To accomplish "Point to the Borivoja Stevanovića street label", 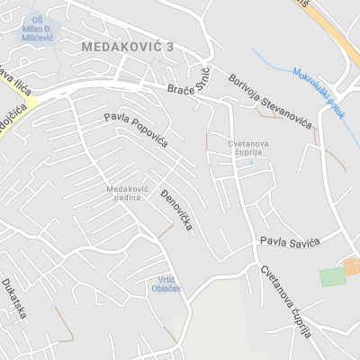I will pos(267,99).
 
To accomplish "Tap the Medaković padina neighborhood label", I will pos(126,193).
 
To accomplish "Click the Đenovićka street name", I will pos(176,211).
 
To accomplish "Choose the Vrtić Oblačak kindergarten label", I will pos(166,283).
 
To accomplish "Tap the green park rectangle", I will pos(333,276).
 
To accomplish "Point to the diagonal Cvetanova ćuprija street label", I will pos(285,301).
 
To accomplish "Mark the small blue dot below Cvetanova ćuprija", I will pos(252,163).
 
